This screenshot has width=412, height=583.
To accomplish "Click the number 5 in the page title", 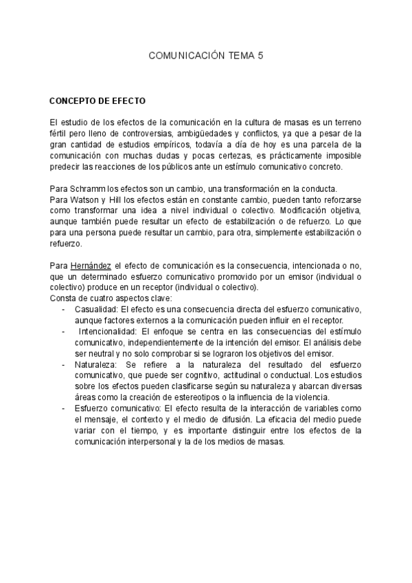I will [260, 60].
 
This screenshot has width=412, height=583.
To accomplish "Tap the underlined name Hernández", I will [91, 266].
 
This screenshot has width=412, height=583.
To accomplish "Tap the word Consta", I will [62, 299].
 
